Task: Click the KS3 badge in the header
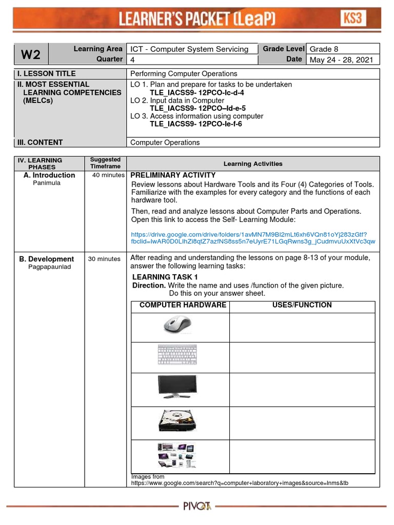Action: pyautogui.click(x=353, y=19)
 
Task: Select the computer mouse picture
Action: pyautogui.click(x=177, y=325)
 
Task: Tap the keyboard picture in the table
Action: pyautogui.click(x=177, y=355)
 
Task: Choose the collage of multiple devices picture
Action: pyautogui.click(x=177, y=455)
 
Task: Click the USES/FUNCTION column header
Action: pyautogui.click(x=302, y=305)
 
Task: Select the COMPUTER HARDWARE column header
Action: pyautogui.click(x=183, y=305)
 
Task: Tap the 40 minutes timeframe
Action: pyautogui.click(x=108, y=175)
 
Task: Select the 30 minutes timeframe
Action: pyautogui.click(x=104, y=259)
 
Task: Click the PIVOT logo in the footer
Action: pyautogui.click(x=198, y=507)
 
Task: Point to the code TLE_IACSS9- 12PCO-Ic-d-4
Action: pyautogui.click(x=196, y=92)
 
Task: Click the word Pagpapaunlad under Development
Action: pyautogui.click(x=50, y=267)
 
